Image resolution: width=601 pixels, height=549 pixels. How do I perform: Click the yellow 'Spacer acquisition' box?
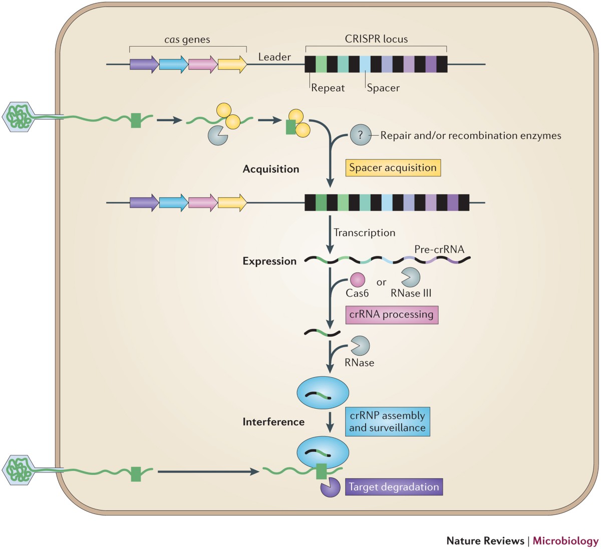pos(393,168)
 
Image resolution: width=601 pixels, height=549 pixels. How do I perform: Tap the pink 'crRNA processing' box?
pos(391,315)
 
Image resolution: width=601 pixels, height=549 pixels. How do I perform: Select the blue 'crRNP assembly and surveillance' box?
pos(387,422)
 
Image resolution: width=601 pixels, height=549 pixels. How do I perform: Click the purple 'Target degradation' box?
pos(394,487)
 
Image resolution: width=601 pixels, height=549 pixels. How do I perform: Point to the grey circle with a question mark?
pos(360,135)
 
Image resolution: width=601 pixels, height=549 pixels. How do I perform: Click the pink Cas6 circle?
pos(357,280)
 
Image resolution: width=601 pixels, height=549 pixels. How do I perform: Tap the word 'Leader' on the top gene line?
pos(274,57)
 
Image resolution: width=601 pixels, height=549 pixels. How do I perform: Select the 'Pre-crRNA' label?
pos(439,249)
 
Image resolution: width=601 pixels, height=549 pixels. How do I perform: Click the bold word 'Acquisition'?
pos(270,169)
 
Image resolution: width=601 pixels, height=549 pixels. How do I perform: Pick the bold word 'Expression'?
pos(269,261)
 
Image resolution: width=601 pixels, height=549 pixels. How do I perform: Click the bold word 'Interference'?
pos(273,422)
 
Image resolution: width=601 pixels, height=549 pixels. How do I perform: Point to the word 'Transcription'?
pos(364,233)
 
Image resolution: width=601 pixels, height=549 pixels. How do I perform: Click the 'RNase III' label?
pos(411,294)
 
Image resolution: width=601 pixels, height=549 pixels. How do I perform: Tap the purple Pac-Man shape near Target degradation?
pos(330,487)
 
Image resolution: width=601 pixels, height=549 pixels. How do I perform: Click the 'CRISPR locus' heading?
pos(376,39)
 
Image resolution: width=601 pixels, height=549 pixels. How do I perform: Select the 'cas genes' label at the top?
pos(187,40)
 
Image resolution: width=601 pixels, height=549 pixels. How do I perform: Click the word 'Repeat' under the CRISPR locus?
pos(328,88)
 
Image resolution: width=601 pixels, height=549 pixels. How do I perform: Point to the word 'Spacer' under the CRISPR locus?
pos(383,88)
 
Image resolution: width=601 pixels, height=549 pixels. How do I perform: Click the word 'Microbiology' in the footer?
pos(565,541)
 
